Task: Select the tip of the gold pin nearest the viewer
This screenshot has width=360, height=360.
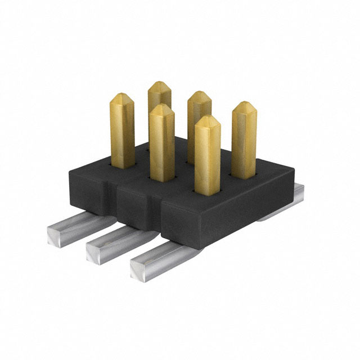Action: click(207, 119)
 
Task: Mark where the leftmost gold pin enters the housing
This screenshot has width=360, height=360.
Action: click(122, 164)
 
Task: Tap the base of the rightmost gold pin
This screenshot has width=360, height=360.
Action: click(244, 175)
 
